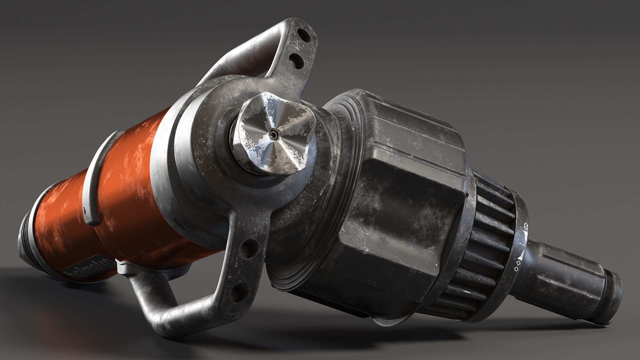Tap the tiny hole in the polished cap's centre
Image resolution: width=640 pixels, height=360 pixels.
pos(274,134)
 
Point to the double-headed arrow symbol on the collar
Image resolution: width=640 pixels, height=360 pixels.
pos(526,226)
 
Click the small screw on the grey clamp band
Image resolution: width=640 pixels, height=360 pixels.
pos(85,211)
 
